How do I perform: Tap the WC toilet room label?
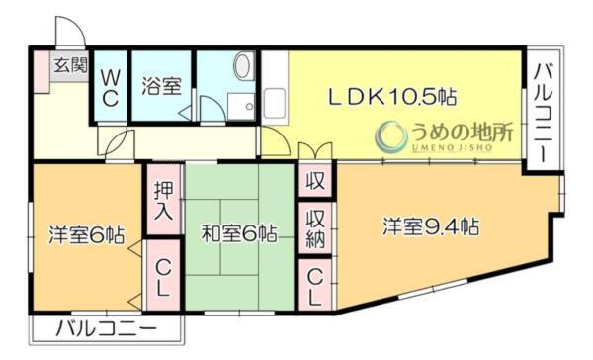pos(110,86)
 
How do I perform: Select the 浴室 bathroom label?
pos(161,85)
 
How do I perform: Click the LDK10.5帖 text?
pos(393,98)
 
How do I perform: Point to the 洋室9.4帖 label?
pos(432,226)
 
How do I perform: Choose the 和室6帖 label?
pos(238,234)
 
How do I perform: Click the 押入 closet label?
pos(164,201)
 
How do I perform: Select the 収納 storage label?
pos(315,228)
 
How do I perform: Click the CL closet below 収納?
pos(314,285)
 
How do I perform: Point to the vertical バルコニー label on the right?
pos(544,113)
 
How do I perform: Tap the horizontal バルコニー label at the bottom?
pos(106,328)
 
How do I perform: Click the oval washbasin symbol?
pos(242,67)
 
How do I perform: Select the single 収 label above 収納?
pos(315,182)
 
